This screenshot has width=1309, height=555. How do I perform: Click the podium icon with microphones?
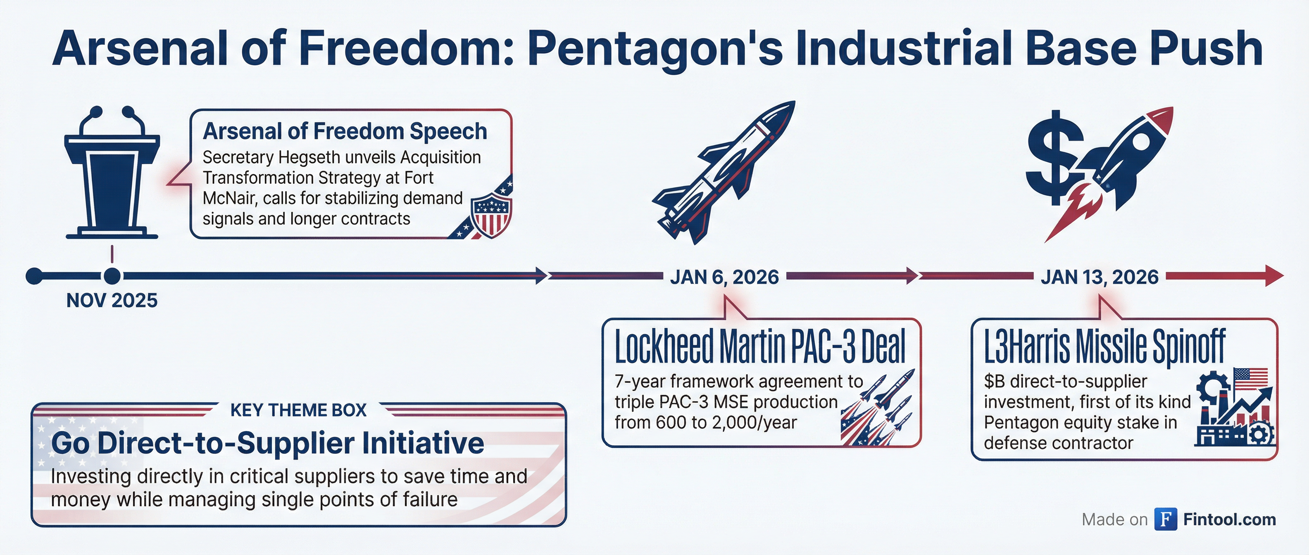pos(112,175)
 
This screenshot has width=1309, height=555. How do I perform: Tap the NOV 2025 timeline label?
pos(112,301)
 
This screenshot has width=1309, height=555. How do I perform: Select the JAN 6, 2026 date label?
pos(724,277)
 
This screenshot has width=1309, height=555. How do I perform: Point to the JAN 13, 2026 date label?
pos(1100,277)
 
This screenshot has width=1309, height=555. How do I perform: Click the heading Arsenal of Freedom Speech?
pos(345,131)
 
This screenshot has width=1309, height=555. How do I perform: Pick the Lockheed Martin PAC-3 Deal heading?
pos(760,346)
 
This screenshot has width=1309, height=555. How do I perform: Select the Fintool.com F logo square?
pos(1166,519)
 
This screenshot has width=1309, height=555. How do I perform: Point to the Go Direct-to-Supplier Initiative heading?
pos(267,443)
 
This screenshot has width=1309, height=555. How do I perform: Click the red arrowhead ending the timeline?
pos(1273,276)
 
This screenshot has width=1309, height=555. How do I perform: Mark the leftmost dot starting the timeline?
pos(34,276)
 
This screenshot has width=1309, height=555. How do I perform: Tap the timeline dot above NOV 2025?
pos(112,276)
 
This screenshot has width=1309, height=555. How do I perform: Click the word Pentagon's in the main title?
pos(655,49)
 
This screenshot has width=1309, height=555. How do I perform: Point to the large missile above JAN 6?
pos(724,173)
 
